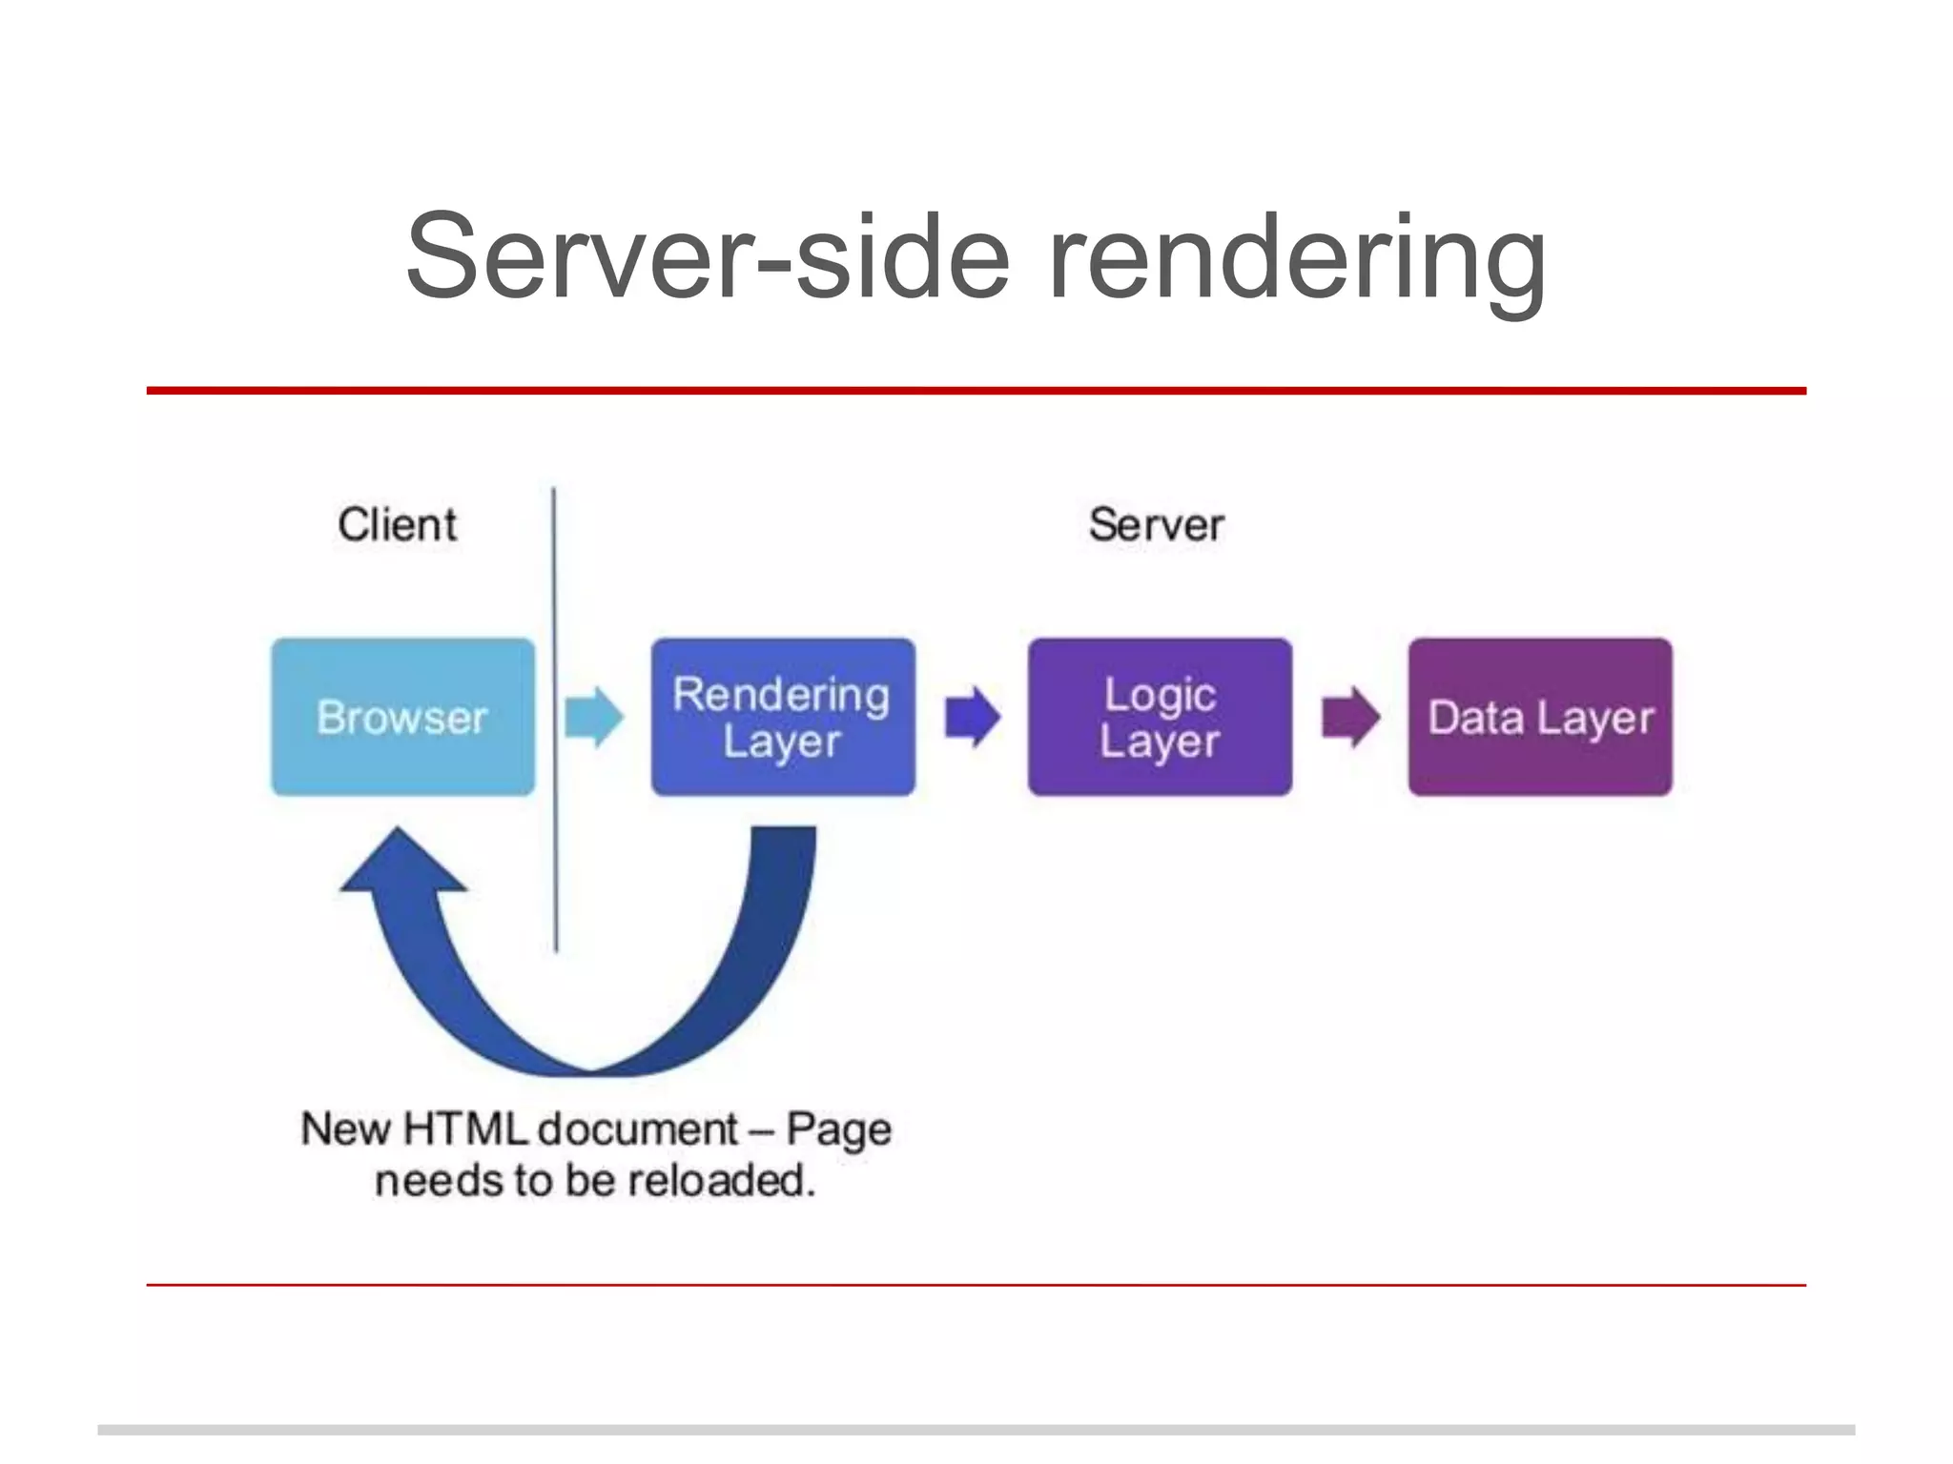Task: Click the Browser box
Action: (x=402, y=717)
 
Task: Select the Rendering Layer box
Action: (x=782, y=717)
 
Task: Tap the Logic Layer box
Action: (x=1160, y=717)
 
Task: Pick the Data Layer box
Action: (x=1539, y=717)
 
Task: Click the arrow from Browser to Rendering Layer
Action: (x=593, y=717)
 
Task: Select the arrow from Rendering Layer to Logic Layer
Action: (x=972, y=717)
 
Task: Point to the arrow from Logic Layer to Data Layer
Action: (x=1350, y=717)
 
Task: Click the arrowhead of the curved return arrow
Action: (x=401, y=863)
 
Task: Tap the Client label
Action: (x=397, y=525)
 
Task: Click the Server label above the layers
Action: (x=1156, y=525)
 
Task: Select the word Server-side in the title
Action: (x=707, y=255)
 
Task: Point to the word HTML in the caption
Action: (x=464, y=1129)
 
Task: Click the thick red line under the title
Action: (x=976, y=391)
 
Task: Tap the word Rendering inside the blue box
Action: (x=781, y=695)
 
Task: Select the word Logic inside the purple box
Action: (x=1160, y=695)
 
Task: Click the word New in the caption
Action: (x=346, y=1129)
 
